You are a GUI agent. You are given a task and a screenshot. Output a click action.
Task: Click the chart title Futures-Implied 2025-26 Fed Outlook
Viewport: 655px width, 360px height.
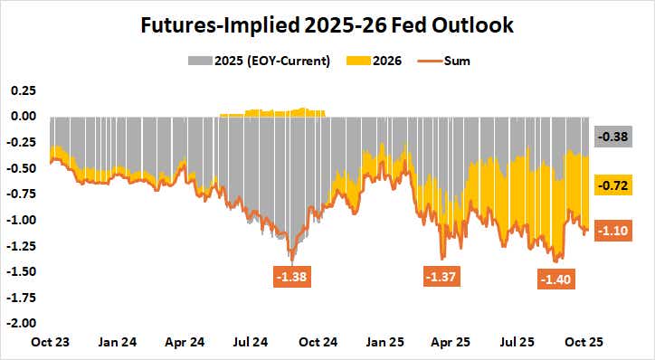point(327,27)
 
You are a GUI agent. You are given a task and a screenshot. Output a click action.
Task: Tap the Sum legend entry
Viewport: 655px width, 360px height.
point(450,62)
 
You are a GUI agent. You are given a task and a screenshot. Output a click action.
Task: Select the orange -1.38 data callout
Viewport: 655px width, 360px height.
point(292,273)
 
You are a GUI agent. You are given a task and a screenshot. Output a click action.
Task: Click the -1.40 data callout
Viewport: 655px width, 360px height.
point(555,280)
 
